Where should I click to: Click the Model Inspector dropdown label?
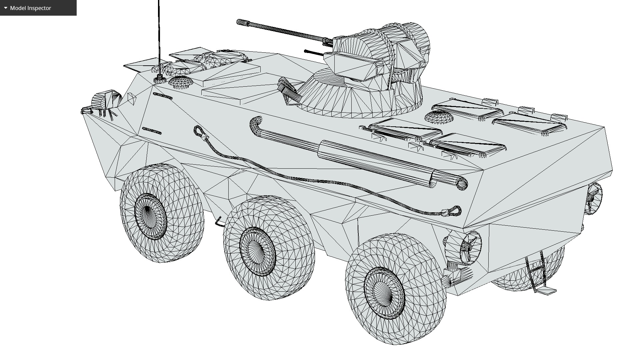30,8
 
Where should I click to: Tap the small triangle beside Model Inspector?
6,8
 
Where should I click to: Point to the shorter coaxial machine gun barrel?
313,52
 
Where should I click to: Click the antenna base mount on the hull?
160,79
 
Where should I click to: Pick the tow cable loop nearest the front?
199,131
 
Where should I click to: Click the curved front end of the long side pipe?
256,123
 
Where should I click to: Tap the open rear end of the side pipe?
462,183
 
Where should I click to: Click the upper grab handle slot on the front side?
163,96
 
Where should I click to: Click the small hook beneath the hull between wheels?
218,221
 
